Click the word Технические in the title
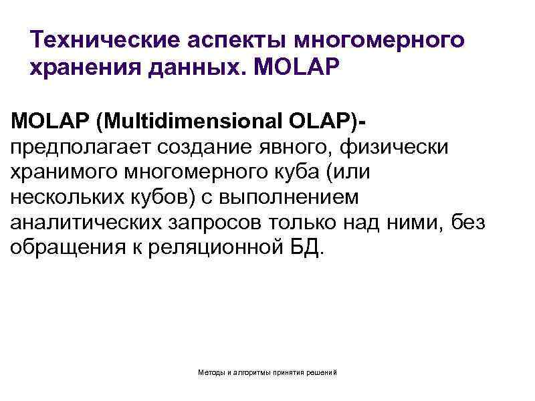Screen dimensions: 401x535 (x=98, y=40)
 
